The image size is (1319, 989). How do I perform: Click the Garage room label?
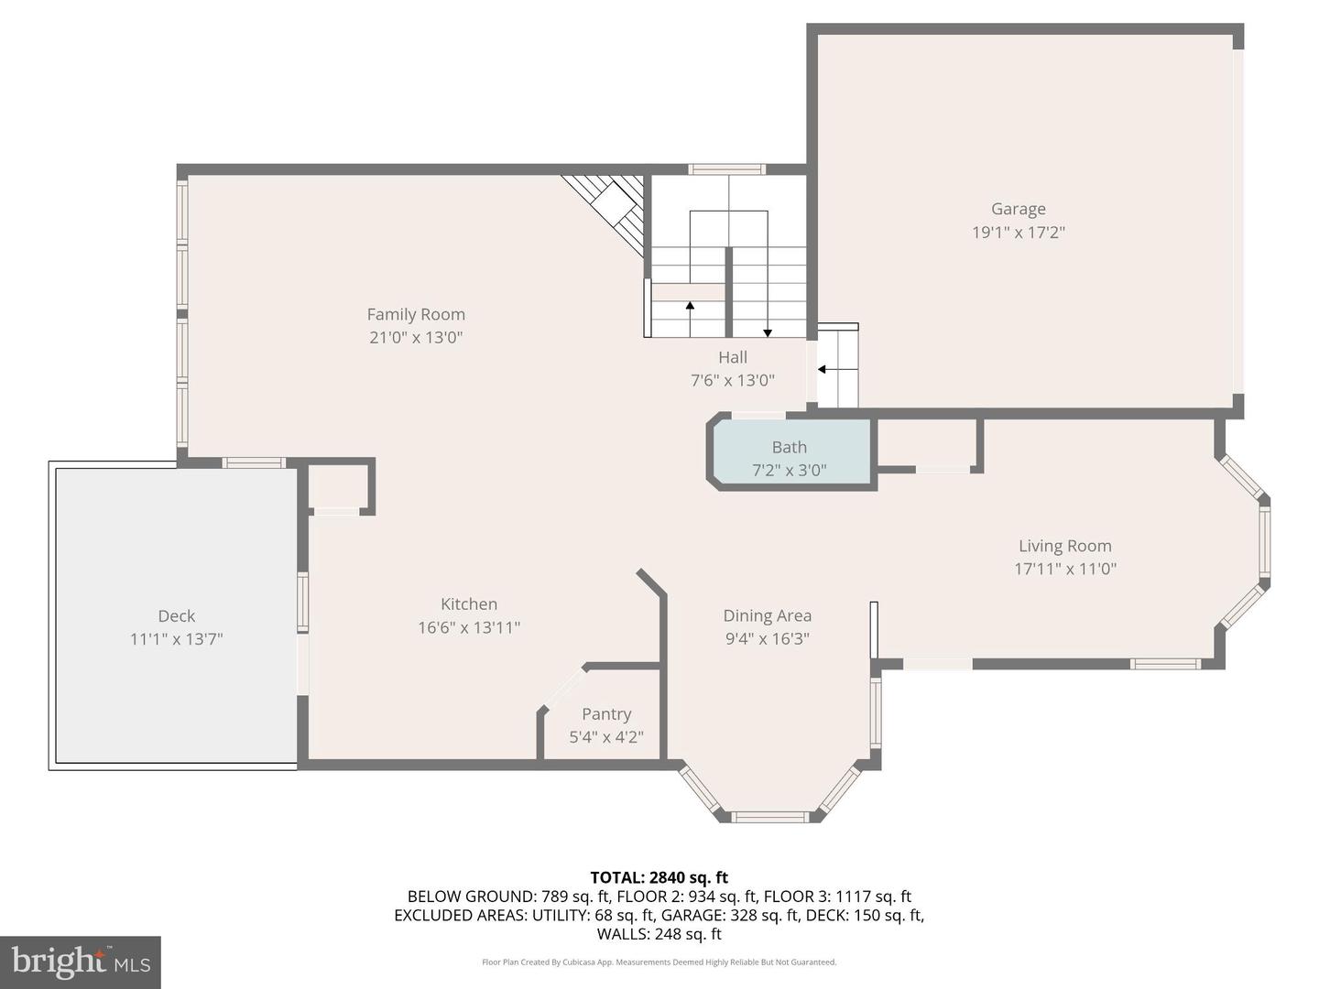1018,209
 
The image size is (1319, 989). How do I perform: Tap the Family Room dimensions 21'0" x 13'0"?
416,338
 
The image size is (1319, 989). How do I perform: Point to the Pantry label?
606,714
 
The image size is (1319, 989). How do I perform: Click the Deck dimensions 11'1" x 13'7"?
177,639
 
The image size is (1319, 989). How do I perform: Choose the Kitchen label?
469,604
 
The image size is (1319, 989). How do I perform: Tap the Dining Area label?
768,616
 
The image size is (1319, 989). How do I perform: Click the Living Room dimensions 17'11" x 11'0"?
1065,569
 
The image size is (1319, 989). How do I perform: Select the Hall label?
733,357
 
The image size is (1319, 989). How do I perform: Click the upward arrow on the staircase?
690,319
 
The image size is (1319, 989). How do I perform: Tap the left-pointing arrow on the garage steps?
829,369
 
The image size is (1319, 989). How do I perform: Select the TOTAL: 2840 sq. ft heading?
659,878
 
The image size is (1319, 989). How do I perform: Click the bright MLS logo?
81,962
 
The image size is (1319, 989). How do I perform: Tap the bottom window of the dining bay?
769,817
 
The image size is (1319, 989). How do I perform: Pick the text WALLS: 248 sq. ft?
659,934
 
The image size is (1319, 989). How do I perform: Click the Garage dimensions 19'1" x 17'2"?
1019,233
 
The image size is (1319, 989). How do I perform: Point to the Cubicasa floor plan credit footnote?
659,962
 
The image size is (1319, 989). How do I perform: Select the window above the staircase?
726,169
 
